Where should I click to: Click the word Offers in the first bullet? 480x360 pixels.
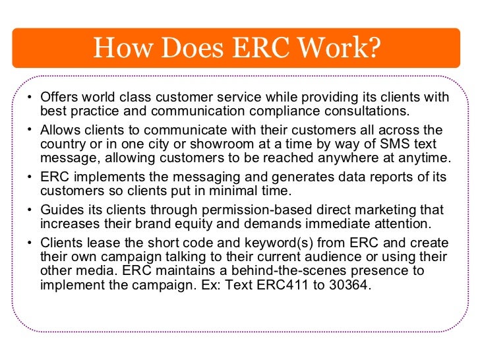coord(59,98)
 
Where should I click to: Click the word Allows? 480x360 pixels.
coord(60,131)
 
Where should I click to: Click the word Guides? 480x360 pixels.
coord(61,210)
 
